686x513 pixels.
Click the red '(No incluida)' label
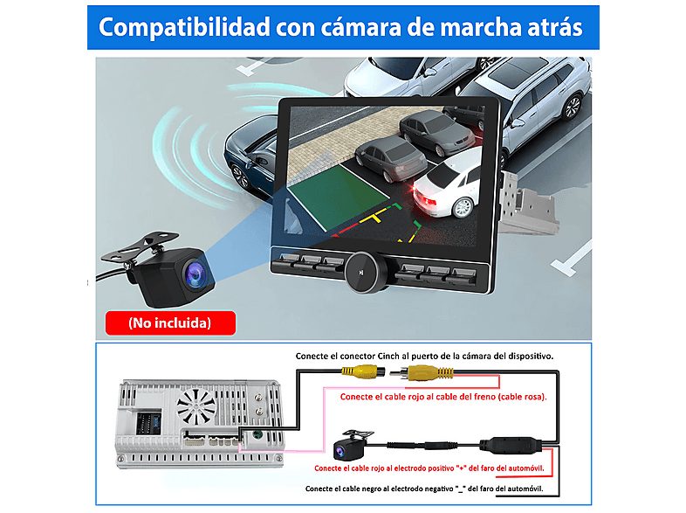[x=169, y=322]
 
